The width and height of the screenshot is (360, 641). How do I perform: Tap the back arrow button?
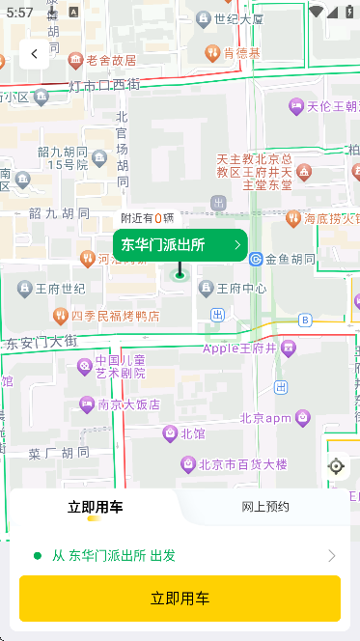[x=35, y=54]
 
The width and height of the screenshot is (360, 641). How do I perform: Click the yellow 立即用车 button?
[x=180, y=599]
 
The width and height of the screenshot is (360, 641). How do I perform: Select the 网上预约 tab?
[x=265, y=507]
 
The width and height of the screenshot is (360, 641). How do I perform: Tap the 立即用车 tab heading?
[x=95, y=507]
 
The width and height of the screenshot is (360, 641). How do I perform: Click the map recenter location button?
[x=336, y=466]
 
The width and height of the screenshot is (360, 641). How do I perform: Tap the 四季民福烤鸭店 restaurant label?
[x=114, y=316]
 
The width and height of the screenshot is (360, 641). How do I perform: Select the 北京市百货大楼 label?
[x=243, y=464]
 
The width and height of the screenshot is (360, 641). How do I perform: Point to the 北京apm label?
[x=265, y=418]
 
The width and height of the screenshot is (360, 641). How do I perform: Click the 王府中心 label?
[x=241, y=288]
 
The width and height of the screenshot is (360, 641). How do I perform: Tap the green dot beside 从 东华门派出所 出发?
[x=38, y=555]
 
